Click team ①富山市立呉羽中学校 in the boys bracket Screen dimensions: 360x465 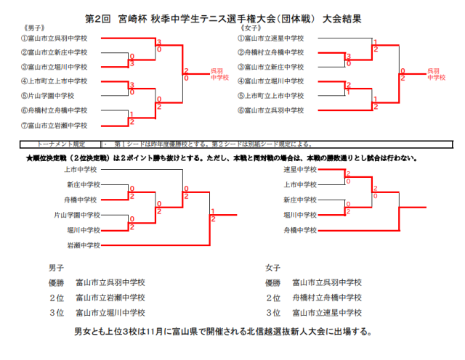pyautogui.click(x=54, y=38)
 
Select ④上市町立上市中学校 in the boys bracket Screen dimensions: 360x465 pyautogui.click(x=54, y=81)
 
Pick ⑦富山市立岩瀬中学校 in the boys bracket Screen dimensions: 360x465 pyautogui.click(x=54, y=124)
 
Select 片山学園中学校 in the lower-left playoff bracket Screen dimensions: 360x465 pyautogui.click(x=76, y=215)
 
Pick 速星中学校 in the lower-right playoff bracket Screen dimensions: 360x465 pyautogui.click(x=299, y=170)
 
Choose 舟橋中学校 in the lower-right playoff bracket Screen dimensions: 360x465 pyautogui.click(x=299, y=230)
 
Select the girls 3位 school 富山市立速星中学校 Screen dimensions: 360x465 pyautogui.click(x=327, y=313)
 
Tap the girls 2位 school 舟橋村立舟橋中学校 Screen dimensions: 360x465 pyautogui.click(x=327, y=298)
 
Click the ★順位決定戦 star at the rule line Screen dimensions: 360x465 pyautogui.click(x=28, y=157)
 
